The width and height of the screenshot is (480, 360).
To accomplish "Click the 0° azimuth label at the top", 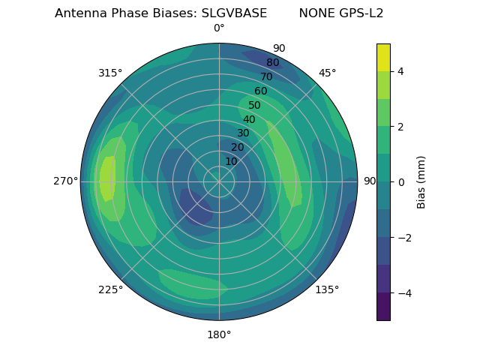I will (x=219, y=28).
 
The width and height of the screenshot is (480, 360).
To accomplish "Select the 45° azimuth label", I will (x=327, y=73).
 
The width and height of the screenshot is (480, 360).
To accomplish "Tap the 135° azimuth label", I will (x=327, y=289).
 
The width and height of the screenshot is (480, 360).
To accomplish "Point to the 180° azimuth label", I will (x=219, y=334).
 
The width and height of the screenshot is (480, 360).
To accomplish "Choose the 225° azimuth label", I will (x=110, y=290).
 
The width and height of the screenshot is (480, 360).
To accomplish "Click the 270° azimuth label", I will (x=66, y=181).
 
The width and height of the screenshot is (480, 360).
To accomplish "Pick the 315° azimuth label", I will (x=110, y=73).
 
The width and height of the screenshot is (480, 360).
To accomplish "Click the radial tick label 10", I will (x=231, y=161).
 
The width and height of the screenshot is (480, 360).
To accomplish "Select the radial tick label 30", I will (x=243, y=133).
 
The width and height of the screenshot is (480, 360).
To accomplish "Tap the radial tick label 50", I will (x=254, y=105).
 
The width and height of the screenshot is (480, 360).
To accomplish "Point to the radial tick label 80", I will (x=272, y=63).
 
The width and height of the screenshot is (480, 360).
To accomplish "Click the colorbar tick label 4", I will (x=401, y=71).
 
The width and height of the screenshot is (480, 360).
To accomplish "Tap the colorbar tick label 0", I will (x=401, y=182).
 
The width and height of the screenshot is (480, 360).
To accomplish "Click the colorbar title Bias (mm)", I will (x=421, y=182).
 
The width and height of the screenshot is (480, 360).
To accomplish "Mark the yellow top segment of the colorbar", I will (x=383, y=57).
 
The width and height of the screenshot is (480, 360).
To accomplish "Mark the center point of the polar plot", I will (x=219, y=181).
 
